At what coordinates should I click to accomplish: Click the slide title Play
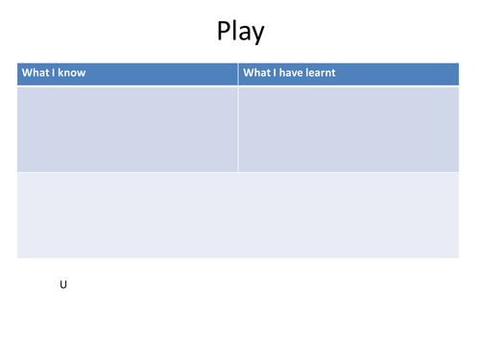point(240,32)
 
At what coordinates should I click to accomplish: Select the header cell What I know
point(127,74)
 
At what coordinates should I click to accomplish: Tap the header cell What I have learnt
point(348,74)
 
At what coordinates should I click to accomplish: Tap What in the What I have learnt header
point(256,73)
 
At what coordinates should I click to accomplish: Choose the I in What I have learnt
point(273,73)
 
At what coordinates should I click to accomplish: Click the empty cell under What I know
point(127,129)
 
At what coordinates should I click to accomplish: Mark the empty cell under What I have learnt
point(348,129)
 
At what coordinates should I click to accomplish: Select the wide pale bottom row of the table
point(237,215)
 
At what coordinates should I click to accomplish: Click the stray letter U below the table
point(63,285)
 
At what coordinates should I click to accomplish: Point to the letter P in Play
point(225,31)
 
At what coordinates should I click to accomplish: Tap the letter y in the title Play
point(256,35)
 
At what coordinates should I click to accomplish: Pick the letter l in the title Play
point(235,31)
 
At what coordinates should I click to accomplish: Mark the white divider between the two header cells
point(237,74)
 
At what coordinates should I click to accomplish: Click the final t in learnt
point(333,73)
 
